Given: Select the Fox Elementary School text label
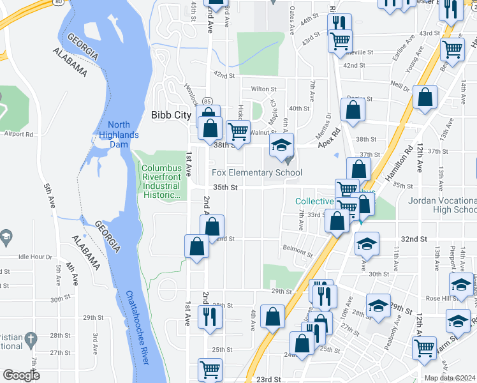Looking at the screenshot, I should [x=257, y=173].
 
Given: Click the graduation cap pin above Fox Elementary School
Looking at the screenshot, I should [x=281, y=146].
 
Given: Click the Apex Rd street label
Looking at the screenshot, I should [x=330, y=132].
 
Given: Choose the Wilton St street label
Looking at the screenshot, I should [x=263, y=89].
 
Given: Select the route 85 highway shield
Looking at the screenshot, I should [x=207, y=101].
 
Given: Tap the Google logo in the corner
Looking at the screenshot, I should [x=22, y=375].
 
